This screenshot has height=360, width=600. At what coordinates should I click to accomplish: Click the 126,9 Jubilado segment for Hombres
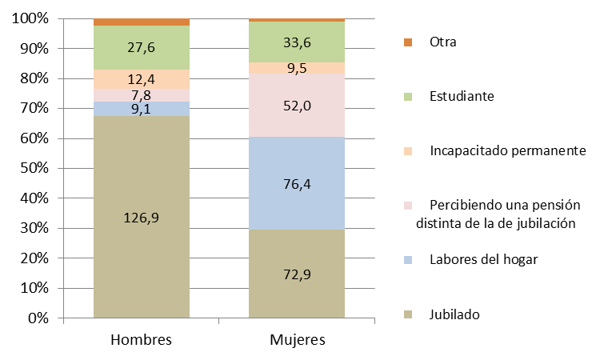coord(142,218)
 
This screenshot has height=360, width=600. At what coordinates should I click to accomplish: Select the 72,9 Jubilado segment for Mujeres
coord(297,274)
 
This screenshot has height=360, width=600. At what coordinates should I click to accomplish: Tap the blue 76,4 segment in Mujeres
coord(297,183)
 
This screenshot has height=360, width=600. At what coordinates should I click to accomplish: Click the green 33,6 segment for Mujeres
coord(297,42)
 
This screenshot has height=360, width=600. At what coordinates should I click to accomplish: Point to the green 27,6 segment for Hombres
coord(142,47)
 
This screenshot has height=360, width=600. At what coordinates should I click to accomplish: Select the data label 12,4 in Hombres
coord(142,79)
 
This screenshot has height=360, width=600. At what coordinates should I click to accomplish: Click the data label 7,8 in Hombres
coord(142,95)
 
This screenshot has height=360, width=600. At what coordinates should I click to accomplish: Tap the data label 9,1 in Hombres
coord(142,110)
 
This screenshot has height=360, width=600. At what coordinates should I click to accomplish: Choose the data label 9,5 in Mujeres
coord(297,68)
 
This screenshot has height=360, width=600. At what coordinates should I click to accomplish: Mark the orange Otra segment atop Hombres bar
coord(142,22)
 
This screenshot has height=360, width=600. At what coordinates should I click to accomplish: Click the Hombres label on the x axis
coord(142,340)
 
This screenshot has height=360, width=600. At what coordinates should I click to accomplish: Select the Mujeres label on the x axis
coord(297,340)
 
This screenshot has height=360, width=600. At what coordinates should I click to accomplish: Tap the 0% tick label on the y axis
coord(38,318)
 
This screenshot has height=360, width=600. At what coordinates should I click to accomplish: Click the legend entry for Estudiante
coord(460,96)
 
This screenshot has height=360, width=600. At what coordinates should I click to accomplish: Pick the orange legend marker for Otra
coord(407,42)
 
